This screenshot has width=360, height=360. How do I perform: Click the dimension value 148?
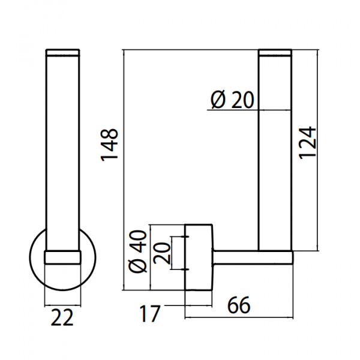110,145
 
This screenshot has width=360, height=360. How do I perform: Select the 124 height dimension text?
307,143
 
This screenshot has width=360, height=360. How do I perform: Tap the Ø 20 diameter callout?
232,100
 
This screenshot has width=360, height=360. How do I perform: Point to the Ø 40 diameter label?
138,251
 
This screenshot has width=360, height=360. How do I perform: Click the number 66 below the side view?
239,305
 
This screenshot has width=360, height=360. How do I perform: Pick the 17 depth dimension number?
149,314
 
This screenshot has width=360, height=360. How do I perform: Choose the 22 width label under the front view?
62,317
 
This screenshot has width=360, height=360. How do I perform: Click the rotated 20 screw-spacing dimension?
162,253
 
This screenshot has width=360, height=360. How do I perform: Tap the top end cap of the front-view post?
62,53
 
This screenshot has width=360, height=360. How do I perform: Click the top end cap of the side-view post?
275,53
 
